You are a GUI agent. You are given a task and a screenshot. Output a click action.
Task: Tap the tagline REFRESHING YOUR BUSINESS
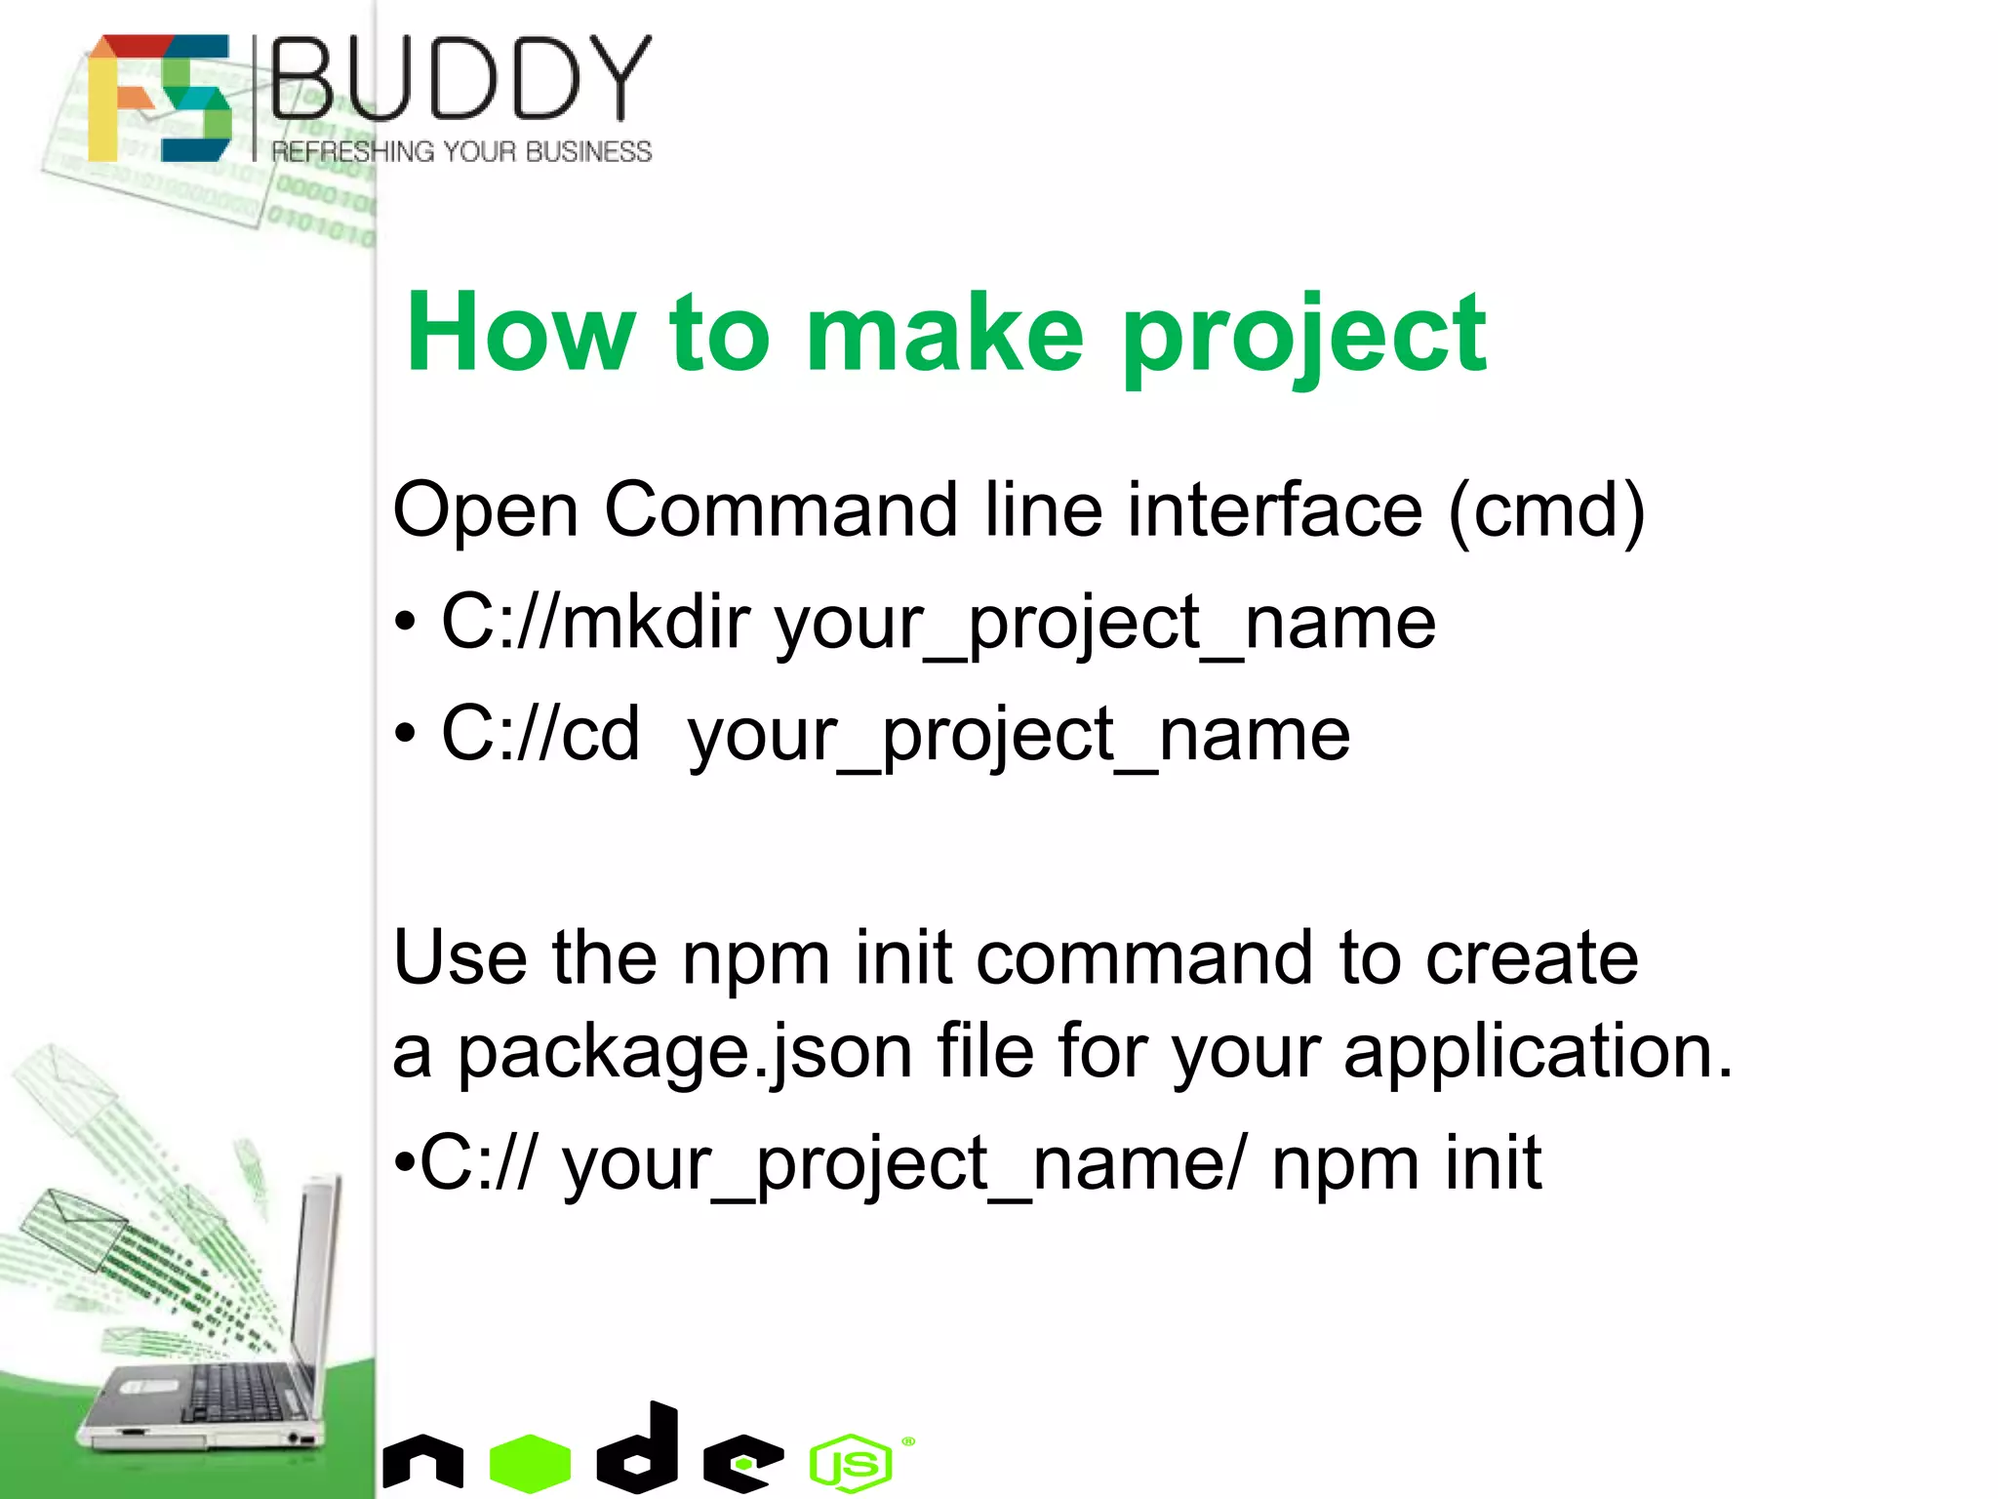click(460, 152)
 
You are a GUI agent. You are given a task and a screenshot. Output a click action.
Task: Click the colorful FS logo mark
click(159, 98)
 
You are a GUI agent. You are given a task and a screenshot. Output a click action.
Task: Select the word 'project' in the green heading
click(1303, 337)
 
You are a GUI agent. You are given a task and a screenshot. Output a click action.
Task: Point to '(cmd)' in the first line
click(1546, 510)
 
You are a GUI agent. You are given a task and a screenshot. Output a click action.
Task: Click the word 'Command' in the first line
click(780, 509)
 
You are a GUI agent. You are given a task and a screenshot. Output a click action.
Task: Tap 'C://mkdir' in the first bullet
click(596, 623)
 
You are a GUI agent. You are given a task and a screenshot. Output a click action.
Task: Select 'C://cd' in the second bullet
click(540, 734)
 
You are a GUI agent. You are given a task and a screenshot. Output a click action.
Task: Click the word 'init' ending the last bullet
click(1493, 1163)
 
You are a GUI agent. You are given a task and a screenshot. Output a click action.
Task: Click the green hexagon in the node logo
click(530, 1463)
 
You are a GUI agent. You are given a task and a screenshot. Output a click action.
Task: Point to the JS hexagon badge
click(850, 1463)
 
